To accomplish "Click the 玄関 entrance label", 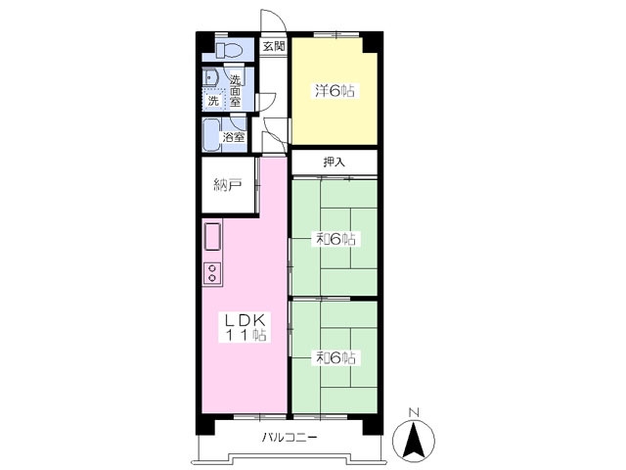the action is tap(274, 46).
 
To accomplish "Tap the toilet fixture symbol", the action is tap(229, 50).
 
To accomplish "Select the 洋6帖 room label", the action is tap(335, 91).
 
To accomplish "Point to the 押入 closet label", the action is tap(335, 163).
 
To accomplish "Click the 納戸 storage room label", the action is tap(228, 185).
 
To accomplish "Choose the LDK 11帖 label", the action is tap(246, 327).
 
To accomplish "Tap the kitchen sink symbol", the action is tap(213, 237).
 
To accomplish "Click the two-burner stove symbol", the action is tap(212, 272).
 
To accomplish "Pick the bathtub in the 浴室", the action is tap(210, 135).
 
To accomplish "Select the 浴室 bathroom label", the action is tap(234, 137).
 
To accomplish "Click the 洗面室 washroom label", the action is tap(235, 90).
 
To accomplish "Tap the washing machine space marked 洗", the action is tap(214, 100).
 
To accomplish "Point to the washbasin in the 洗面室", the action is tap(208, 78).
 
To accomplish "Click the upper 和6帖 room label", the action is tap(335, 239).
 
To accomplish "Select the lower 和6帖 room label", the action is tap(335, 357).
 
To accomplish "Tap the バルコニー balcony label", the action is tap(290, 438).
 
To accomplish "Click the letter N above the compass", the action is tap(415, 412).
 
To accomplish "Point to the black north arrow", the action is tap(414, 440).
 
